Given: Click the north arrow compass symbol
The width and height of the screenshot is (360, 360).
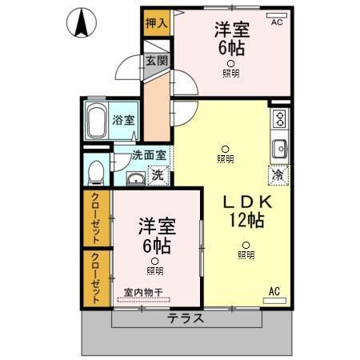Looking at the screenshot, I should [81, 22].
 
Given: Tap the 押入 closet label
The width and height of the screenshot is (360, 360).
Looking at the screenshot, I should [157, 22].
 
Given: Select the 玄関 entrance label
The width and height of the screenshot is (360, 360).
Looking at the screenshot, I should [156, 61].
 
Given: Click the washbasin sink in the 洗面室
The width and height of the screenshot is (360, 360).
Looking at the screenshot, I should [135, 178].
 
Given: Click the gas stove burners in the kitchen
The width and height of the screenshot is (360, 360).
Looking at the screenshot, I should [279, 120].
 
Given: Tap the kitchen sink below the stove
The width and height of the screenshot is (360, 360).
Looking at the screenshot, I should [279, 150].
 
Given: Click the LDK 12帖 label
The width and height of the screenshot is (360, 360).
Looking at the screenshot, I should [242, 210].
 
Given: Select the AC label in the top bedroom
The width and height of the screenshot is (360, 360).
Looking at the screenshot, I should [277, 22].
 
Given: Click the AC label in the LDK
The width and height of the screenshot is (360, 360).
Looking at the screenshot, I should [274, 290].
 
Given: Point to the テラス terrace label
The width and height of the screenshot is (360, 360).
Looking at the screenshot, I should [185, 318].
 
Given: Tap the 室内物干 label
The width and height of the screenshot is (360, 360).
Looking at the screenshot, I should [143, 292].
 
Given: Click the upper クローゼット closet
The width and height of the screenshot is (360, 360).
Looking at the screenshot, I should [96, 218].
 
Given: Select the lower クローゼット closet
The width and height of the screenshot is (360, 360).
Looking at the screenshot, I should [96, 278].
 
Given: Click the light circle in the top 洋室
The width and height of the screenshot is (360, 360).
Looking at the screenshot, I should [230, 63].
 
